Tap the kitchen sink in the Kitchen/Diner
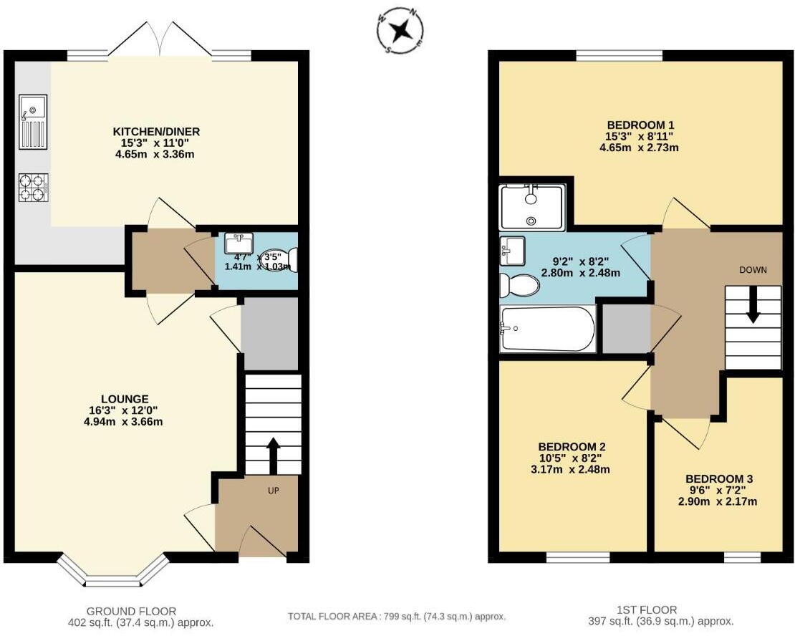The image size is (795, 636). [33, 122]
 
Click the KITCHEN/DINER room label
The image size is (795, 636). [156, 132]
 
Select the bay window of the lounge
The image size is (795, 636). [113, 570]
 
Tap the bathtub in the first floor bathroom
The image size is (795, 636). [548, 329]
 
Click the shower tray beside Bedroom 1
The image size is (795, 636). [532, 207]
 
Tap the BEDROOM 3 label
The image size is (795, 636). [721, 478]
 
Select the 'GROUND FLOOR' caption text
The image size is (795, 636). [131, 611]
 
